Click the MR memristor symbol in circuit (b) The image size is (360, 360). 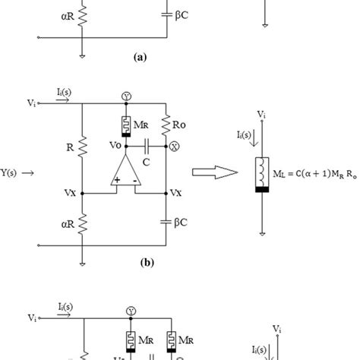pos(124,122)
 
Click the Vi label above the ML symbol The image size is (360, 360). pos(261,115)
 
